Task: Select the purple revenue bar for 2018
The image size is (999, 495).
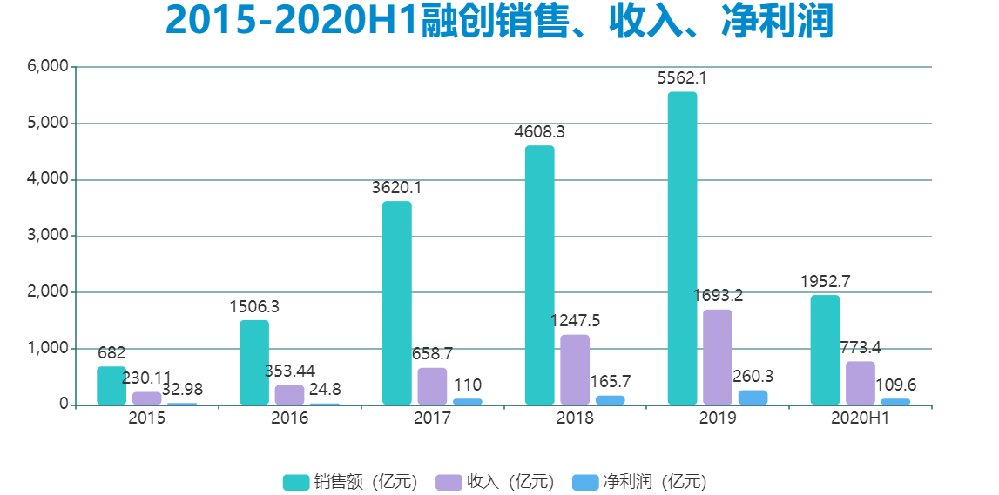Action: [575, 370]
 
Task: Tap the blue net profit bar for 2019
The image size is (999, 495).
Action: [753, 398]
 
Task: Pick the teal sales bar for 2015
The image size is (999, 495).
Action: [111, 385]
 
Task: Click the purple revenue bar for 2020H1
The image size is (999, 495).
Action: [860, 383]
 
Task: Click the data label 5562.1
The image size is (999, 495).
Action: [682, 78]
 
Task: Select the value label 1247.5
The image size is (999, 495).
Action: [575, 321]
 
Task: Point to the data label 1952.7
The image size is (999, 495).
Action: [825, 281]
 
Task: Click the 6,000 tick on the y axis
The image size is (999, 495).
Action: [48, 67]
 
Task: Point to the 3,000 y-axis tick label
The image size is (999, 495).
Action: [48, 236]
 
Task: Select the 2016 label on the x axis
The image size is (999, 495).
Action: [289, 418]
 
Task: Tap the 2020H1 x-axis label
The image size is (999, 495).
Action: [860, 418]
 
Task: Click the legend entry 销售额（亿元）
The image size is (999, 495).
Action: [350, 482]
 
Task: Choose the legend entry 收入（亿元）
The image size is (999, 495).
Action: [495, 482]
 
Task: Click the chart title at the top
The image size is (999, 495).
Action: [499, 23]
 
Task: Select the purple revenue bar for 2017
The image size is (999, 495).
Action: [432, 386]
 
